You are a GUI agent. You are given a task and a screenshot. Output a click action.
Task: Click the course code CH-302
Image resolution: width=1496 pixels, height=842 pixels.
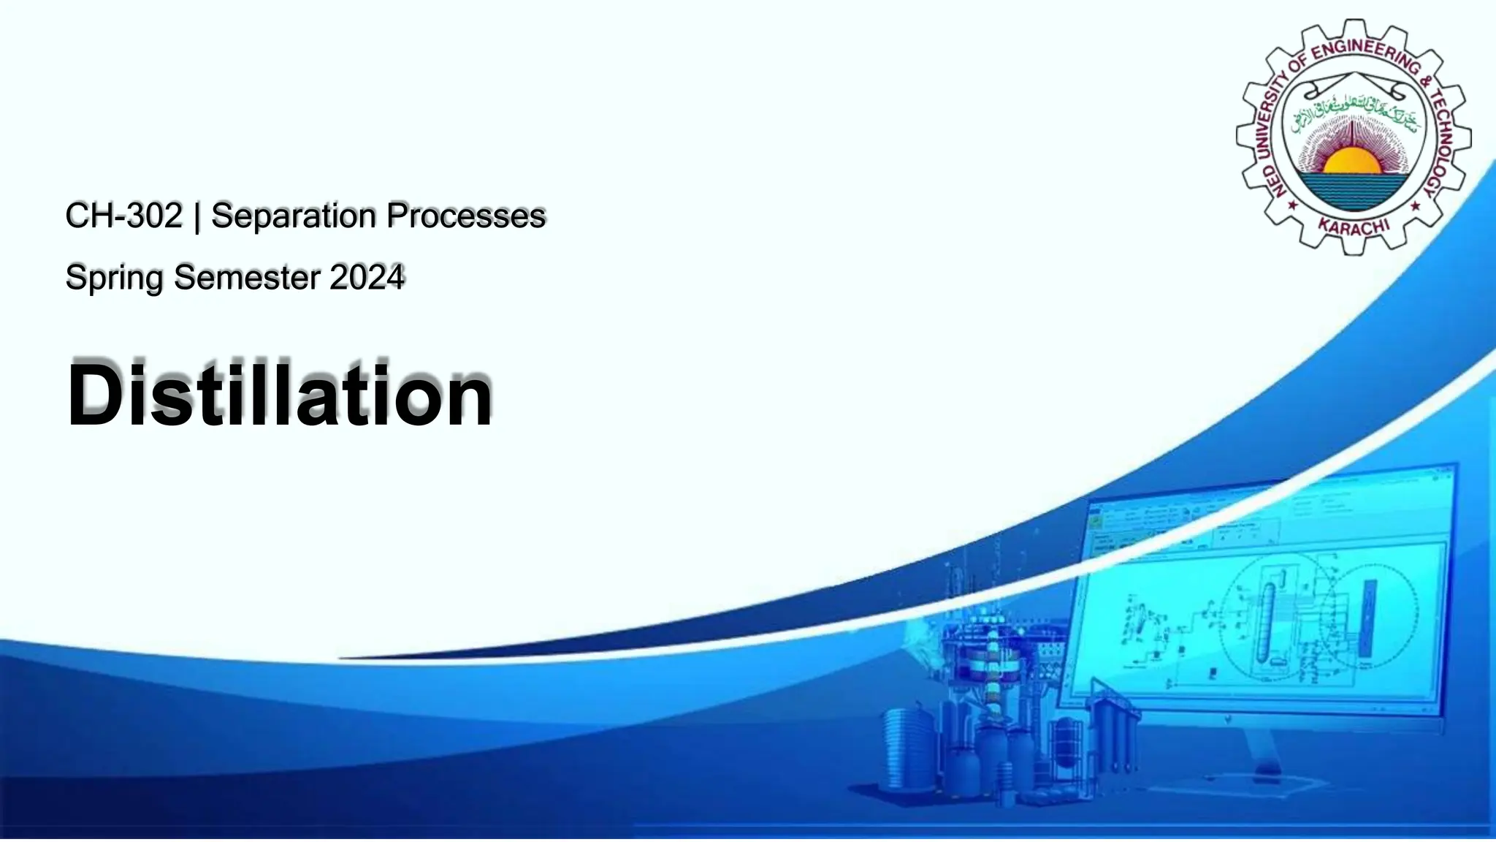tap(123, 216)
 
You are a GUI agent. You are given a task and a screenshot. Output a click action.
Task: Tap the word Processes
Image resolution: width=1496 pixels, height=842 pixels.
tap(466, 216)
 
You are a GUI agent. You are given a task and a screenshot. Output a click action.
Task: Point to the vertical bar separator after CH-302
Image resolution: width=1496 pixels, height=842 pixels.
tap(197, 217)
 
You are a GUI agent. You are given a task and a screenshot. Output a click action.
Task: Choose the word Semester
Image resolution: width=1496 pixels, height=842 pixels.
tap(248, 277)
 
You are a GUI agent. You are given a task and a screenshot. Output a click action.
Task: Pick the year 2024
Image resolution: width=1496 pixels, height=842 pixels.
tap(367, 277)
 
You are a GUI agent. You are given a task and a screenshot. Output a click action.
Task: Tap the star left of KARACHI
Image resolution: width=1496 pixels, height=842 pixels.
tap(1292, 205)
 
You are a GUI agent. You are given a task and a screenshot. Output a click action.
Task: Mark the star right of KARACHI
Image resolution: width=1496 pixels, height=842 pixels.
tap(1415, 205)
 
